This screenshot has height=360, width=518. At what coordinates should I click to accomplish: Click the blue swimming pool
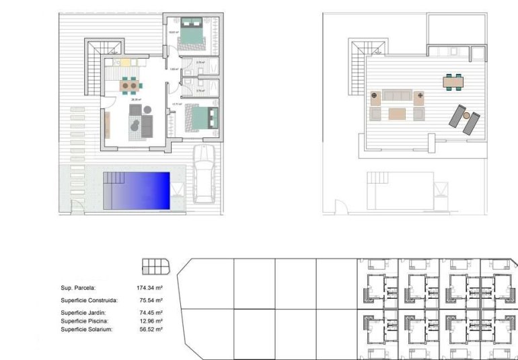(x=140, y=190)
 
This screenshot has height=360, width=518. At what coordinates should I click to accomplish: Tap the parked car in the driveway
(x=204, y=174)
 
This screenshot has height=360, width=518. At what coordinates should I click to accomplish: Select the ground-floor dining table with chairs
(x=131, y=85)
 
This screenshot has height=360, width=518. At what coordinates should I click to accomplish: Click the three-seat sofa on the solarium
(x=397, y=97)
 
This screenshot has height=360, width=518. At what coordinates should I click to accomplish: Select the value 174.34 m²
(x=150, y=287)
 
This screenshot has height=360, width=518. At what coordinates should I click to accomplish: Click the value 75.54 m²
(x=150, y=300)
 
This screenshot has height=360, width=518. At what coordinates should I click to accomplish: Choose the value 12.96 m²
(x=150, y=321)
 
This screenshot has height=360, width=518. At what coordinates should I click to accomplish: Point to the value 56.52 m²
(x=150, y=329)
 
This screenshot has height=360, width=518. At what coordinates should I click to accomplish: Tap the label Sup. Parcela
(x=78, y=287)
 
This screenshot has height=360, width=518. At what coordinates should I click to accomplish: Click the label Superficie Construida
(x=89, y=300)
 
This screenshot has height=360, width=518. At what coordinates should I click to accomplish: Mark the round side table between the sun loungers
(x=467, y=116)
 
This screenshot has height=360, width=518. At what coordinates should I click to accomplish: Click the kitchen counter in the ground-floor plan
(x=124, y=63)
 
